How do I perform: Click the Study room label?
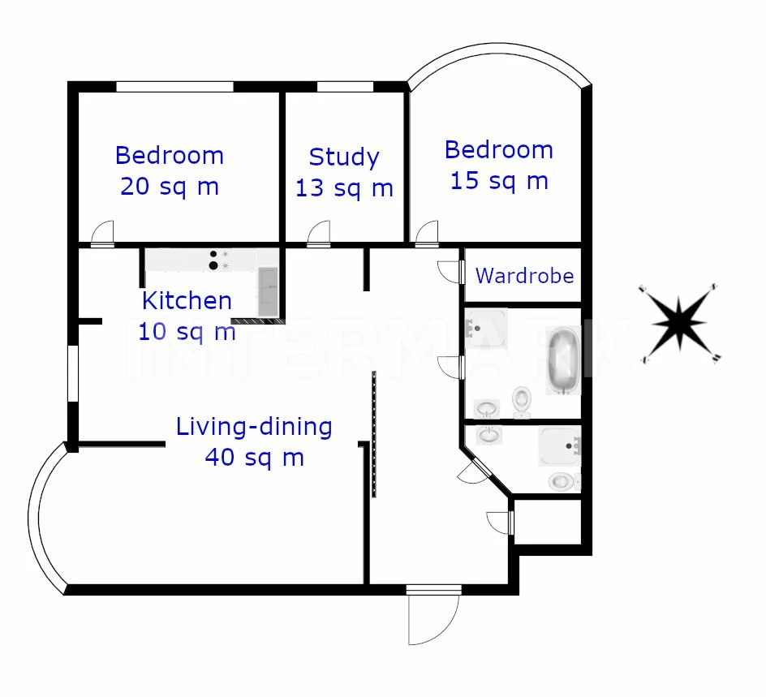click(x=344, y=157)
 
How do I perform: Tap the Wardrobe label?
click(x=525, y=276)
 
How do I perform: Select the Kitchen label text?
click(x=187, y=300)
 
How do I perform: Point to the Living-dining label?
click(x=254, y=427)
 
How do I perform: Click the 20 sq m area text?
click(x=170, y=187)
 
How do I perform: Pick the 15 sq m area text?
click(x=499, y=181)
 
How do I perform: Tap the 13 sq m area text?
click(x=344, y=188)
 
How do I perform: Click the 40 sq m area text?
click(x=255, y=458)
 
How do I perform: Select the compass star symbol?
click(x=679, y=323)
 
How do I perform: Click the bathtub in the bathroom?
click(x=563, y=360)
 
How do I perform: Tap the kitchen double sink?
click(x=268, y=291)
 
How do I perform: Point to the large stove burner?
click(x=213, y=265)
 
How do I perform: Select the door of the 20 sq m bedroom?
click(x=102, y=234)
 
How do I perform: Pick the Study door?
click(x=319, y=234)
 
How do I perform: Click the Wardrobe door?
click(x=450, y=272)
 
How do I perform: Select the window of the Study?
click(x=346, y=87)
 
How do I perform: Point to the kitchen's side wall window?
click(x=73, y=373)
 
